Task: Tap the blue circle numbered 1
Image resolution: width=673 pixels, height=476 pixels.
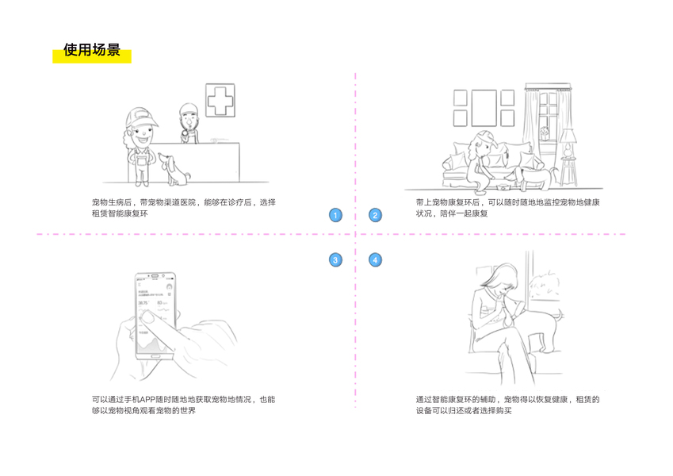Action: [x=335, y=215]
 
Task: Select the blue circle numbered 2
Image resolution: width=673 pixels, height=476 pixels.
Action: [x=375, y=215]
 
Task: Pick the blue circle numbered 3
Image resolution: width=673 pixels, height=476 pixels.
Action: [x=335, y=259]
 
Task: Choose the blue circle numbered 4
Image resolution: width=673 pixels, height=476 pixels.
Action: [x=375, y=259]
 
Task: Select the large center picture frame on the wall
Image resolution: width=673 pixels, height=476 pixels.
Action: [x=484, y=108]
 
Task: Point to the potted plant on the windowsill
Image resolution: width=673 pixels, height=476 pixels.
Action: [x=543, y=132]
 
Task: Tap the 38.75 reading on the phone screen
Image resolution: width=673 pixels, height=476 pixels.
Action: [x=144, y=303]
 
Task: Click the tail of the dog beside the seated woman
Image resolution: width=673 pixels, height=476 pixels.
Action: [x=564, y=316]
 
